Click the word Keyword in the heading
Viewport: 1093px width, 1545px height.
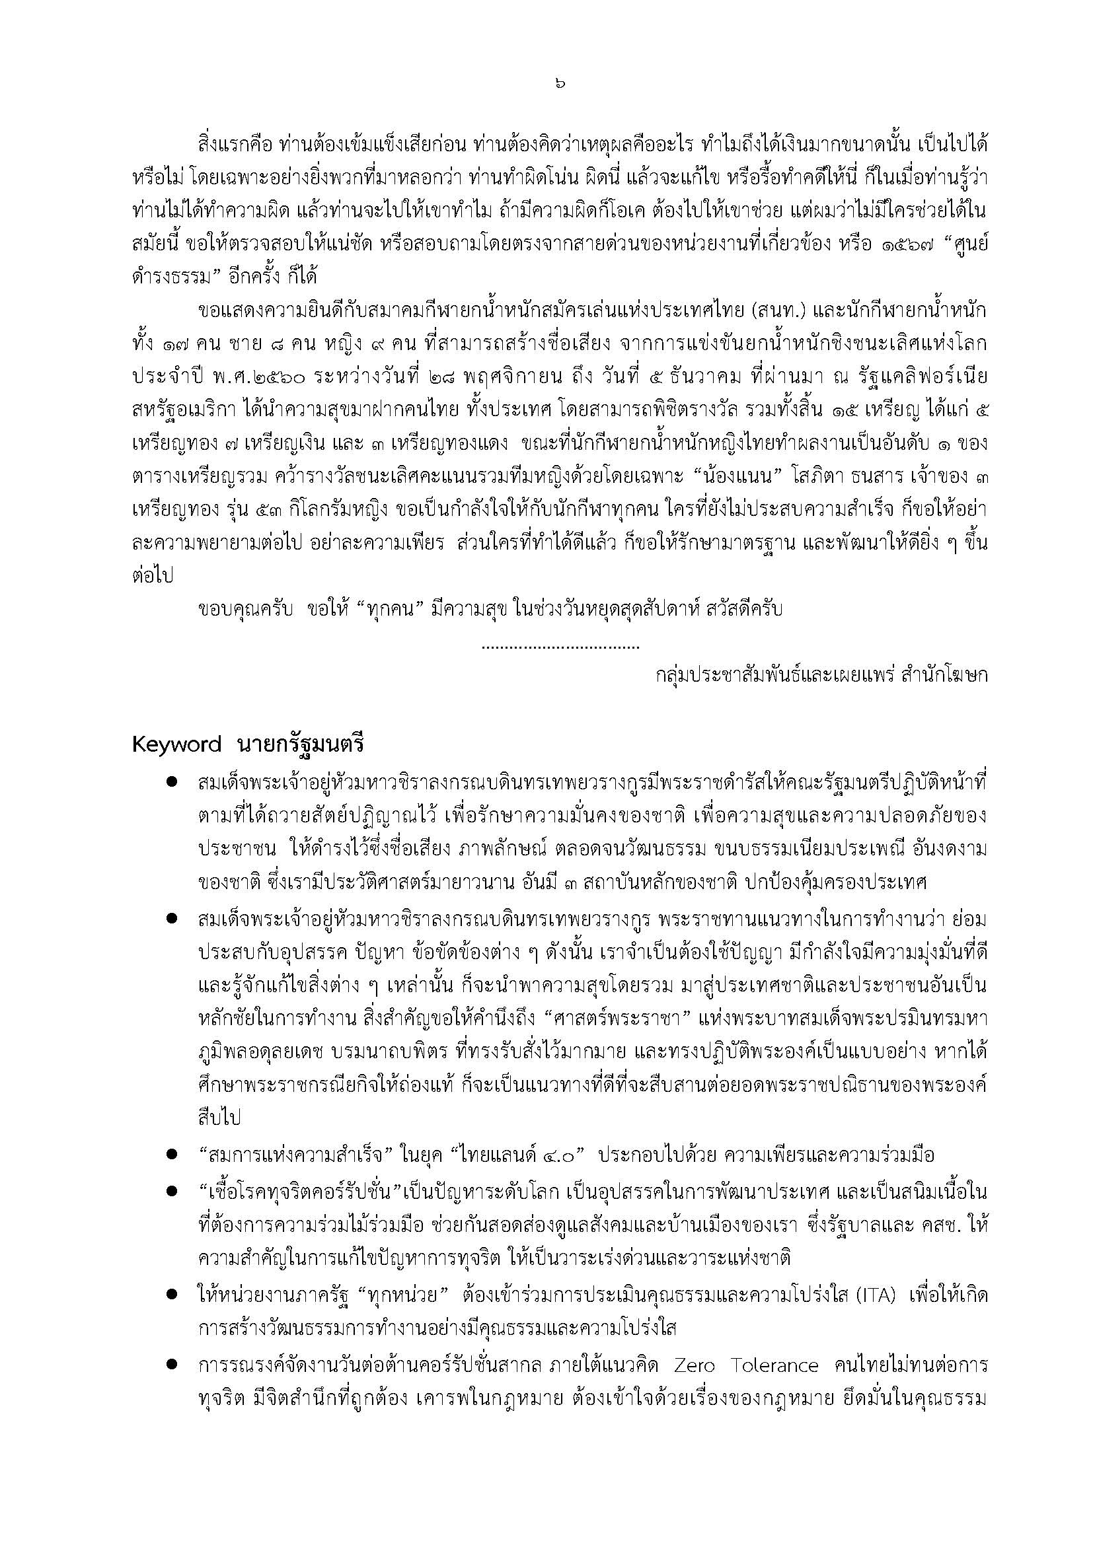pos(176,745)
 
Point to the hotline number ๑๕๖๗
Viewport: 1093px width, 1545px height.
pos(907,244)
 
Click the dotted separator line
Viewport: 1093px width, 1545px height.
pos(560,647)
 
